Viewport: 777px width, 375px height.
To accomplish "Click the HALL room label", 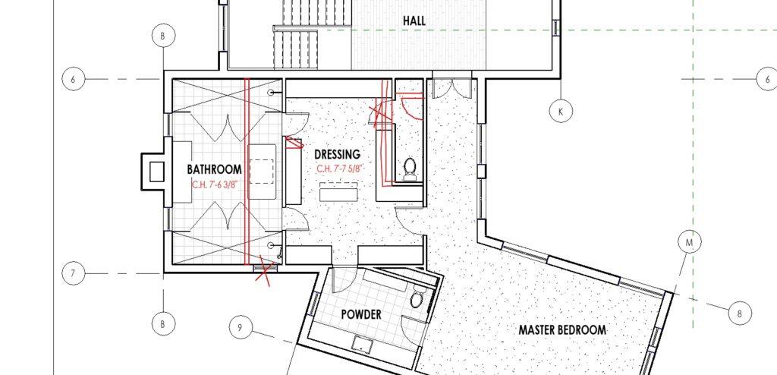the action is point(414,20).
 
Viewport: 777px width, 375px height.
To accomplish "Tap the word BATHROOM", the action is point(214,169).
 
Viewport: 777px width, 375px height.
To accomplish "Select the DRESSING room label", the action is point(338,154).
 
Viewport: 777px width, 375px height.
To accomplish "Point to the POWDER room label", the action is point(362,314).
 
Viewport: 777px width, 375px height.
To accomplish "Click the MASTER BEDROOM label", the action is point(562,330).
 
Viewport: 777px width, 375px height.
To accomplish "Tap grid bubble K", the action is point(561,112).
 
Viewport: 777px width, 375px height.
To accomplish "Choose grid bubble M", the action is point(689,243).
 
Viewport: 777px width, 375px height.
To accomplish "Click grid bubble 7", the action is point(74,274).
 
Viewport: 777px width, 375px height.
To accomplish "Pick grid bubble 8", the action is point(741,314).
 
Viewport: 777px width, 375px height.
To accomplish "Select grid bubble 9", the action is point(241,328).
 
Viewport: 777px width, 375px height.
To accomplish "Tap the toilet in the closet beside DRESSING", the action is point(410,169).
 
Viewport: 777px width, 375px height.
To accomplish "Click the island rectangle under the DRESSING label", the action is point(338,192).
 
